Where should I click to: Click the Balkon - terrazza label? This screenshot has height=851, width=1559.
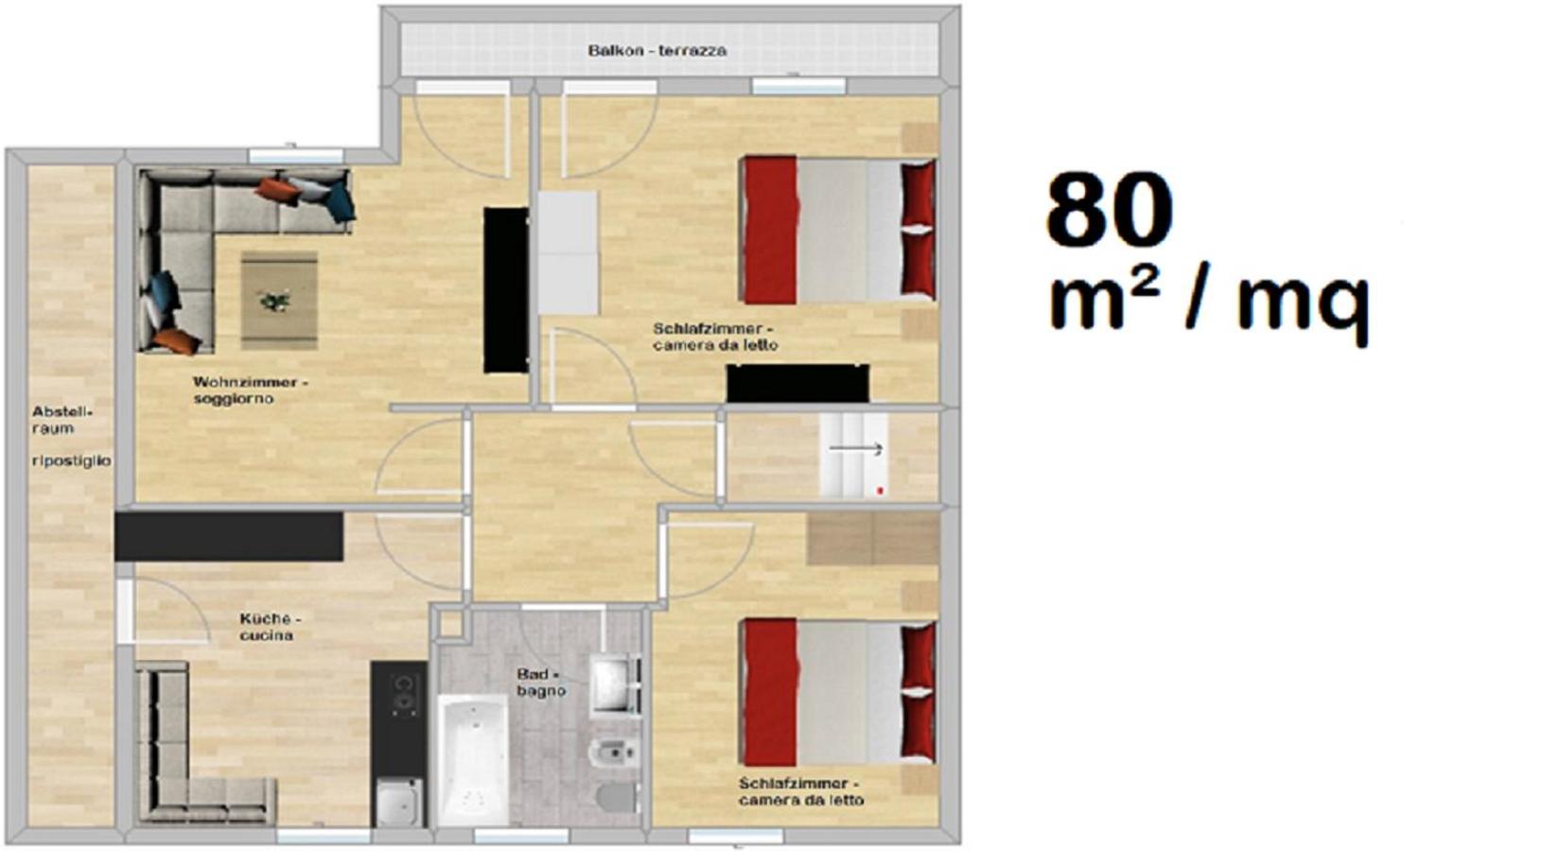pos(657,51)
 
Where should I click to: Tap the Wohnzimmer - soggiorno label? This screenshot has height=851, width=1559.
pos(251,391)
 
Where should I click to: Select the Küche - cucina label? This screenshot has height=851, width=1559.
pos(270,627)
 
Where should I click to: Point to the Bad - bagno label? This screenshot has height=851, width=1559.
pos(541,683)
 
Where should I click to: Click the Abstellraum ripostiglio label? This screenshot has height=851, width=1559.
pos(72,436)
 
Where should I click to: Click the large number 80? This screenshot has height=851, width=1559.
pos(1110,210)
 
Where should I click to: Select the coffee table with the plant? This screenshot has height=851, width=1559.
pos(279,301)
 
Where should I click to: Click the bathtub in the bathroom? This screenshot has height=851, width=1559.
pos(474,760)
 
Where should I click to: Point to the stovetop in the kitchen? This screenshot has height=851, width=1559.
pos(402,694)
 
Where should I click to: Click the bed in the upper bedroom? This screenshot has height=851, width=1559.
pos(839,231)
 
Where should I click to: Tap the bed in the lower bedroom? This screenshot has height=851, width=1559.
pos(839,692)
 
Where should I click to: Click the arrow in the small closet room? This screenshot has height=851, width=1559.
pos(856,449)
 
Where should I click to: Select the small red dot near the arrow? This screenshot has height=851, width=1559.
pos(881,491)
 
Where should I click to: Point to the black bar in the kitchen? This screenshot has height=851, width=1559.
pos(229,536)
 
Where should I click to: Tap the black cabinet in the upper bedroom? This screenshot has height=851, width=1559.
pos(797,383)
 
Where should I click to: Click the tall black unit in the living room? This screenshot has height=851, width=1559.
pos(506,290)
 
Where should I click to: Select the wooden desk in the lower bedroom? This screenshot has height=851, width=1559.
pos(873,539)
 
